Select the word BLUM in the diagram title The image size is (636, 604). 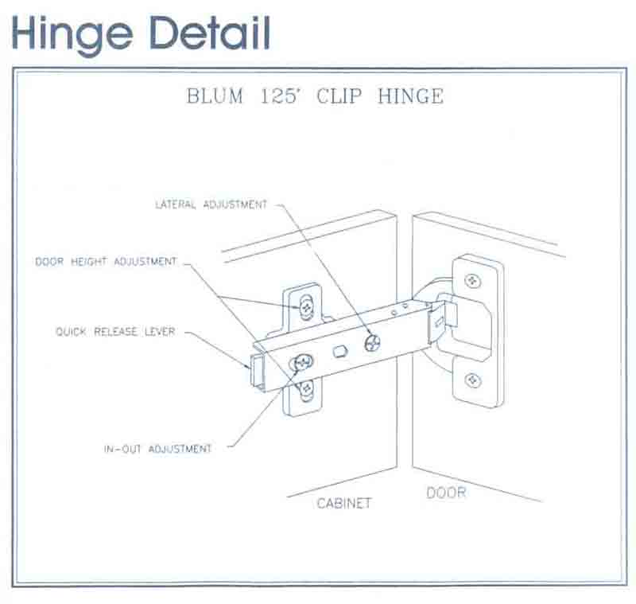click(215, 96)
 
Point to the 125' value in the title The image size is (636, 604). click(280, 96)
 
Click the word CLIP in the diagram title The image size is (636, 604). click(339, 96)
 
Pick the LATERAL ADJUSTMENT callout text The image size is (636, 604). click(211, 205)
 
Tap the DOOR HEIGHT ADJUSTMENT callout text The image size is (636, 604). click(107, 261)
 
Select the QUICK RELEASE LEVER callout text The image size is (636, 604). click(115, 332)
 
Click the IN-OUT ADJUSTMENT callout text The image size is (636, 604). click(158, 449)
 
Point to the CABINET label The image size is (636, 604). click(344, 503)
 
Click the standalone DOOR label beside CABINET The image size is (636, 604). click(446, 493)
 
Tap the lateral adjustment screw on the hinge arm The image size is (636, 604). click(372, 343)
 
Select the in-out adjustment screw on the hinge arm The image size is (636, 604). click(302, 362)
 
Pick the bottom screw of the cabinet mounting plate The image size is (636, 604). click(306, 389)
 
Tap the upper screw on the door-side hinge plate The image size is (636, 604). click(472, 280)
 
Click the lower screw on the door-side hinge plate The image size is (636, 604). click(472, 380)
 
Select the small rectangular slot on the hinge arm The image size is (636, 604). click(340, 351)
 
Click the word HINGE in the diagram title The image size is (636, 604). click(410, 96)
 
